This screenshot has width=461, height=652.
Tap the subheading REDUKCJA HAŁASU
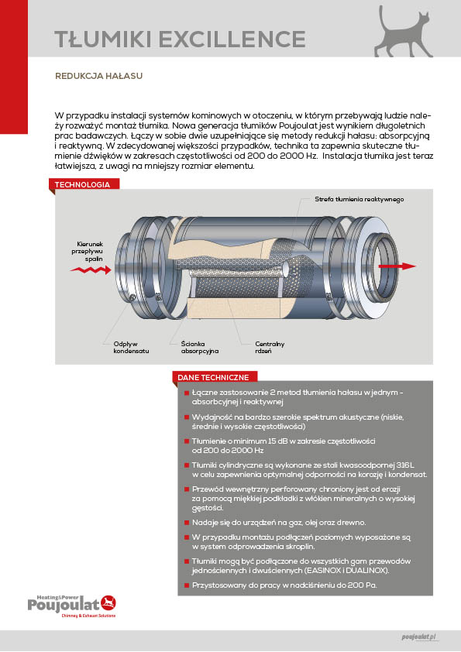click(98, 76)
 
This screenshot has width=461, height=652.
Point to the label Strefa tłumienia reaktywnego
click(359, 199)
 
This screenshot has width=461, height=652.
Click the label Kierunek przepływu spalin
click(88, 251)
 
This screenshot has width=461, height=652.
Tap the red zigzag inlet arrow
click(91, 270)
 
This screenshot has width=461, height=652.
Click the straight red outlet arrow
click(397, 266)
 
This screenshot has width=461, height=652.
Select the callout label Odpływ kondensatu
click(131, 347)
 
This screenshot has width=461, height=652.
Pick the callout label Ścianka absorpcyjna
click(200, 347)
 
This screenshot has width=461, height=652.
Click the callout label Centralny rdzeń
click(270, 347)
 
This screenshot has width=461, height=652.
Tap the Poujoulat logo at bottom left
click(72, 606)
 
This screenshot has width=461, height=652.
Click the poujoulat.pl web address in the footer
click(419, 637)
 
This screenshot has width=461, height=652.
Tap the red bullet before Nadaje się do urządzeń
click(187, 522)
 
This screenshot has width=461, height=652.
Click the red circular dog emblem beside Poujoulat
click(108, 602)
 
